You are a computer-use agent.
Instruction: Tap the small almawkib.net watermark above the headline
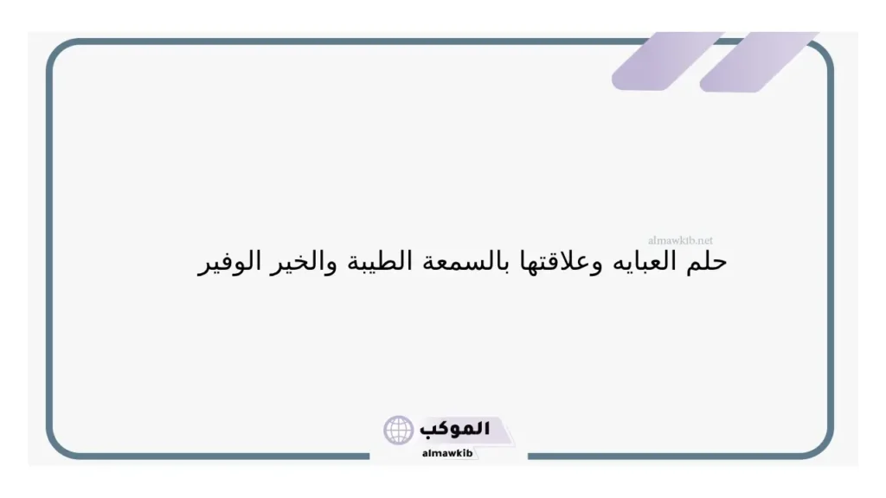click(680, 240)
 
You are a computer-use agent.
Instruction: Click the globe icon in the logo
click(399, 430)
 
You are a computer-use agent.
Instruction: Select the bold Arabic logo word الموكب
click(455, 429)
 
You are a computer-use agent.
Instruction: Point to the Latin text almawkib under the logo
click(447, 453)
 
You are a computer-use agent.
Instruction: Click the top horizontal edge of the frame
click(346, 41)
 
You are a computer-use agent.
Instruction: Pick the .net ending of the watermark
click(704, 240)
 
